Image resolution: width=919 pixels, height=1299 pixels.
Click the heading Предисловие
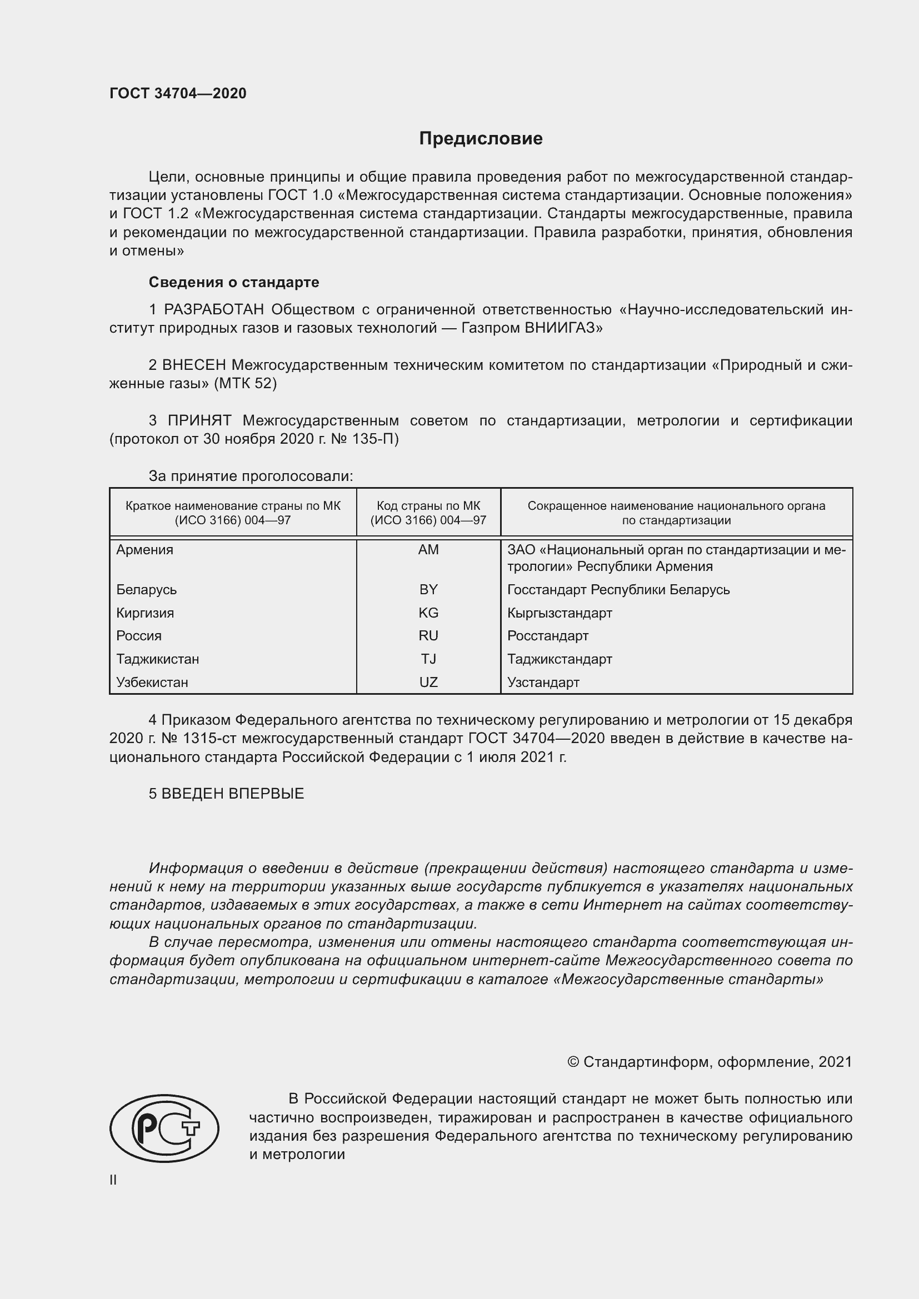point(481,139)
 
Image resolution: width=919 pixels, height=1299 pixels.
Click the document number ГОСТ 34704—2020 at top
point(178,93)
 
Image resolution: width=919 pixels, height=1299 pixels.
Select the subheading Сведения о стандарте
point(234,282)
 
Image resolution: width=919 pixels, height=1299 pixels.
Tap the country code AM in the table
point(428,549)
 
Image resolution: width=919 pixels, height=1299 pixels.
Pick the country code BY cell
point(428,590)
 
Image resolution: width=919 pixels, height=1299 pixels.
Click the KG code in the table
point(428,613)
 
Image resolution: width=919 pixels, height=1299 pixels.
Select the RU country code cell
point(428,635)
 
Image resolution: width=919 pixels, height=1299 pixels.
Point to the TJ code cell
point(428,659)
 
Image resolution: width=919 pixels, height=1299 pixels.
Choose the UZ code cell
point(428,682)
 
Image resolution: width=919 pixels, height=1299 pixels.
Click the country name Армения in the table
point(145,549)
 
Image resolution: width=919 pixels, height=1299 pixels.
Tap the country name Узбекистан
point(152,682)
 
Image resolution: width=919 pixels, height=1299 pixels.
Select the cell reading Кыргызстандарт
point(560,613)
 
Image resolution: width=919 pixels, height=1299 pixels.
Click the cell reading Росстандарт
point(548,635)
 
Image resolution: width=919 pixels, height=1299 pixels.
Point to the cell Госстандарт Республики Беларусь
point(618,590)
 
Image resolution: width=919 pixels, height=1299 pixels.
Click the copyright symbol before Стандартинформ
point(573,1062)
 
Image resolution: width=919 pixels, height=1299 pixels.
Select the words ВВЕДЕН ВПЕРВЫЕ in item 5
point(233,793)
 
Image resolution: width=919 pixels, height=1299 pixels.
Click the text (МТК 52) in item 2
point(245,383)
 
